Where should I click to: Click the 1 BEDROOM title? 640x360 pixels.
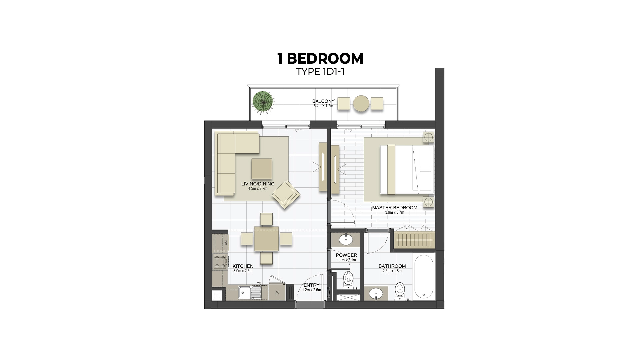click(320, 59)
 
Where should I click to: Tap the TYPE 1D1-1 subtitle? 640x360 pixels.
click(320, 72)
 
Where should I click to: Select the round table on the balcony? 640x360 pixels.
click(361, 103)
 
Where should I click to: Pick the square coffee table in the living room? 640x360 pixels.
click(262, 169)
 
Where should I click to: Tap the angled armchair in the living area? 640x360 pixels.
click(286, 195)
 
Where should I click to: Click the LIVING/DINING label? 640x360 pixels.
click(258, 184)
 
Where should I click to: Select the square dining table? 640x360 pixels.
click(266, 239)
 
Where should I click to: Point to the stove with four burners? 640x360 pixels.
click(220, 262)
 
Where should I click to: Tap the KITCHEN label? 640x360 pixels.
click(243, 266)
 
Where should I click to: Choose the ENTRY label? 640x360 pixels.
click(311, 285)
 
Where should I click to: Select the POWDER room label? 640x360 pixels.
click(346, 255)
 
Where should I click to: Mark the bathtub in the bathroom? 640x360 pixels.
click(424, 276)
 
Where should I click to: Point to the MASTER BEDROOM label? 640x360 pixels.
click(395, 208)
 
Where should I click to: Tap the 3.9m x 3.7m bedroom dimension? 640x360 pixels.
click(395, 212)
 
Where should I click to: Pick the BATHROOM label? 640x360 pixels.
click(392, 266)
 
